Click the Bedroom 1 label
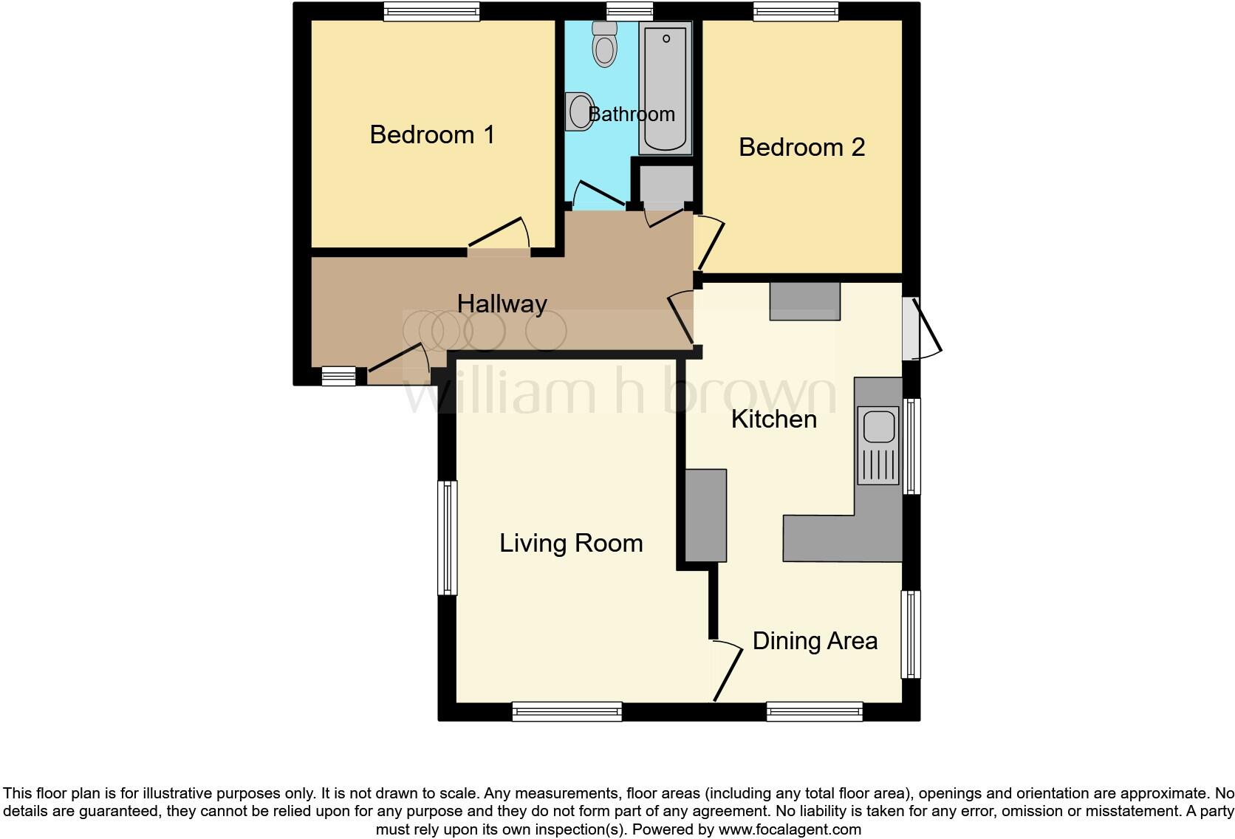432,135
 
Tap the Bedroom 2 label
801,148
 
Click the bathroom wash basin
580,112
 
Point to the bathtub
666,87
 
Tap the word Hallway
502,304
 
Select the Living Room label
571,544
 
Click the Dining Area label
815,641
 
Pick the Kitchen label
773,419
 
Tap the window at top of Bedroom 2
796,11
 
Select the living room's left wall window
447,537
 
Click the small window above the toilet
629,11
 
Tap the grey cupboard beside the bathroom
666,184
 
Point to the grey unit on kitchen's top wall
804,301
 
